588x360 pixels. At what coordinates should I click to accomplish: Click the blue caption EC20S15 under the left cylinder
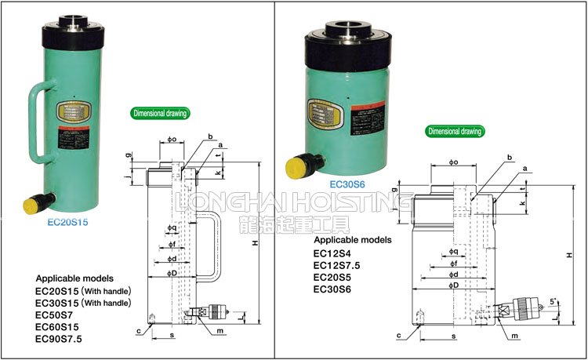pos(67,222)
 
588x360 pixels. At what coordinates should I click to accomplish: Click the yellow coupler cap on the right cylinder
pos(297,166)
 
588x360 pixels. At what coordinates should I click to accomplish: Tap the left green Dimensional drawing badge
pos(160,113)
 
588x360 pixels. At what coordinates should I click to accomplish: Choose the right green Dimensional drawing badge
pos(454,131)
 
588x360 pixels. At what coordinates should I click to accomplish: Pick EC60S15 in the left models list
pos(59,326)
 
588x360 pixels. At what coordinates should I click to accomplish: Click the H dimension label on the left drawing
pos(255,243)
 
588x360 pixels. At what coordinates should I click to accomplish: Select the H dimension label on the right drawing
pos(570,256)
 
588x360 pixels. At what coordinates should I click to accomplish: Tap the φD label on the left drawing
pos(171,275)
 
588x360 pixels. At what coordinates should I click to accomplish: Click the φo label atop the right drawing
pos(453,162)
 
